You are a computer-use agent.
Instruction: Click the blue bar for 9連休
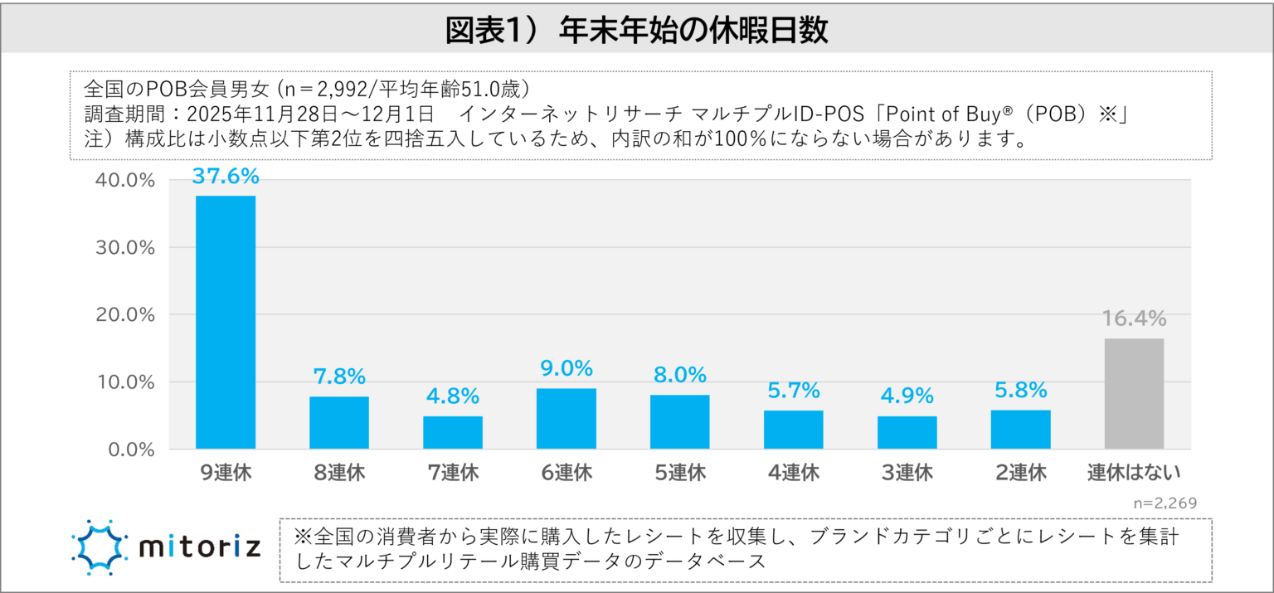tap(226, 323)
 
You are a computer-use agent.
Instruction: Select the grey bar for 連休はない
tap(1134, 394)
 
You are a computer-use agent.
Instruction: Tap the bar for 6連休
tap(566, 419)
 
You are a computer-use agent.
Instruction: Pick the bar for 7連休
tap(453, 432)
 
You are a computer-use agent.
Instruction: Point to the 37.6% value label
tap(226, 176)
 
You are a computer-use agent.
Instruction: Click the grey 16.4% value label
tap(1134, 318)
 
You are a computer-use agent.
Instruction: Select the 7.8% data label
tap(339, 377)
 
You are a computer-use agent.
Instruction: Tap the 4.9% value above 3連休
tap(907, 396)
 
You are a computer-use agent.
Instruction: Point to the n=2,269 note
tap(1165, 503)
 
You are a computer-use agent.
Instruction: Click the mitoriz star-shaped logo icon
tap(100, 547)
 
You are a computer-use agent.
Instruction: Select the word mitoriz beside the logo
tap(200, 547)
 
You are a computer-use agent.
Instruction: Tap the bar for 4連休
tap(794, 430)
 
